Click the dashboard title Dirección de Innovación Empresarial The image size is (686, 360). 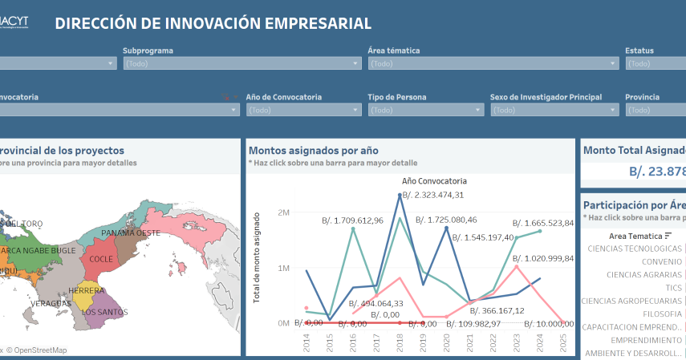213,23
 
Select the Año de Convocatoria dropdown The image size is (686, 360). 303,110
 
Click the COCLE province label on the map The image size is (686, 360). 101,259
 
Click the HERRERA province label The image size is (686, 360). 87,289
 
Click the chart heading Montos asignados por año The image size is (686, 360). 313,150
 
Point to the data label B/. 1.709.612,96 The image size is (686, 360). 352,220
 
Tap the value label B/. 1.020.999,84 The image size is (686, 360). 543,258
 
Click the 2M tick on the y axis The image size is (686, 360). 282,212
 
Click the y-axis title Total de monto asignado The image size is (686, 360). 258,257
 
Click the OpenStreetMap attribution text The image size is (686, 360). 38,350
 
